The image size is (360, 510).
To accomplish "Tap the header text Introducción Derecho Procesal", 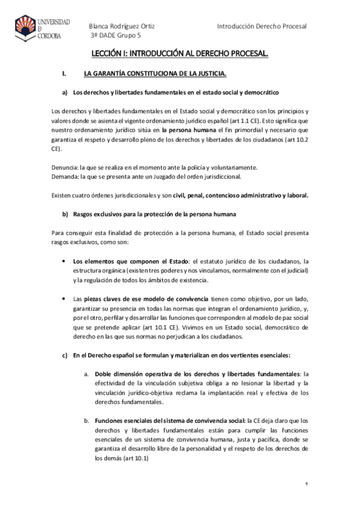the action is tap(261, 26).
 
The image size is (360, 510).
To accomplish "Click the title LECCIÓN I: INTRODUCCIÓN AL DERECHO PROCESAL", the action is tap(179, 55).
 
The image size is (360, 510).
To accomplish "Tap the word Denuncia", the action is tap(49, 167).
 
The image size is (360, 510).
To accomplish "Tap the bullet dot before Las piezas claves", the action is tap(64, 299).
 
